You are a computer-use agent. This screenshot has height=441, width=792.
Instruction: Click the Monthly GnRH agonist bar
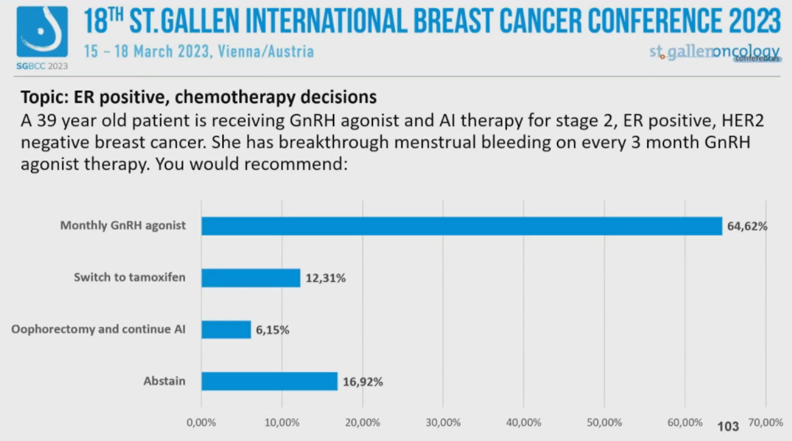[x=461, y=226]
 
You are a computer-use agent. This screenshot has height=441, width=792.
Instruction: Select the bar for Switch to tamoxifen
[x=250, y=278]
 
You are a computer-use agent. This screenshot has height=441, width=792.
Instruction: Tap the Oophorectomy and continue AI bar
[x=226, y=330]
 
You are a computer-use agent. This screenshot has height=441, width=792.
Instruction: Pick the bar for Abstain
[x=269, y=381]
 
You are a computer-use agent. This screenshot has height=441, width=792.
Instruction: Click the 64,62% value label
[x=747, y=226]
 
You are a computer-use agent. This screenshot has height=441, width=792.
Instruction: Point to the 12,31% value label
[x=325, y=278]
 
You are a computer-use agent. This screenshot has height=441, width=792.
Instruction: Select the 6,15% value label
[x=272, y=330]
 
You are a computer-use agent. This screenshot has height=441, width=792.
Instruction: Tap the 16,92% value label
[x=363, y=382]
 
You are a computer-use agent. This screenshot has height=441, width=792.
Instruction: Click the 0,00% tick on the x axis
[x=201, y=423]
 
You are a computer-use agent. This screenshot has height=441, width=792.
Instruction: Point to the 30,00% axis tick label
[x=443, y=423]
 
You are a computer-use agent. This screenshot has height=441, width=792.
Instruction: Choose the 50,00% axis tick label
[x=604, y=423]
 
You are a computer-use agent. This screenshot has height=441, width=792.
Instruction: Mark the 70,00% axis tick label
[x=766, y=423]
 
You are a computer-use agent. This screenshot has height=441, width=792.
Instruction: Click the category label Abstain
[x=164, y=381]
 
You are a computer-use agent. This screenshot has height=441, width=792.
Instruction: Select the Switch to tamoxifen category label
[x=129, y=278]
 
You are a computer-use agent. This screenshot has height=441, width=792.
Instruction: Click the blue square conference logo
[x=42, y=32]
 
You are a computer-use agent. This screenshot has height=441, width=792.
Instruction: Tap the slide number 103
[x=728, y=427]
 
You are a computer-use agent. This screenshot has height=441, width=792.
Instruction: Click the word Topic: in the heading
[x=44, y=97]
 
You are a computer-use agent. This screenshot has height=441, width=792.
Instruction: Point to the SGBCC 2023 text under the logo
[x=42, y=66]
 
